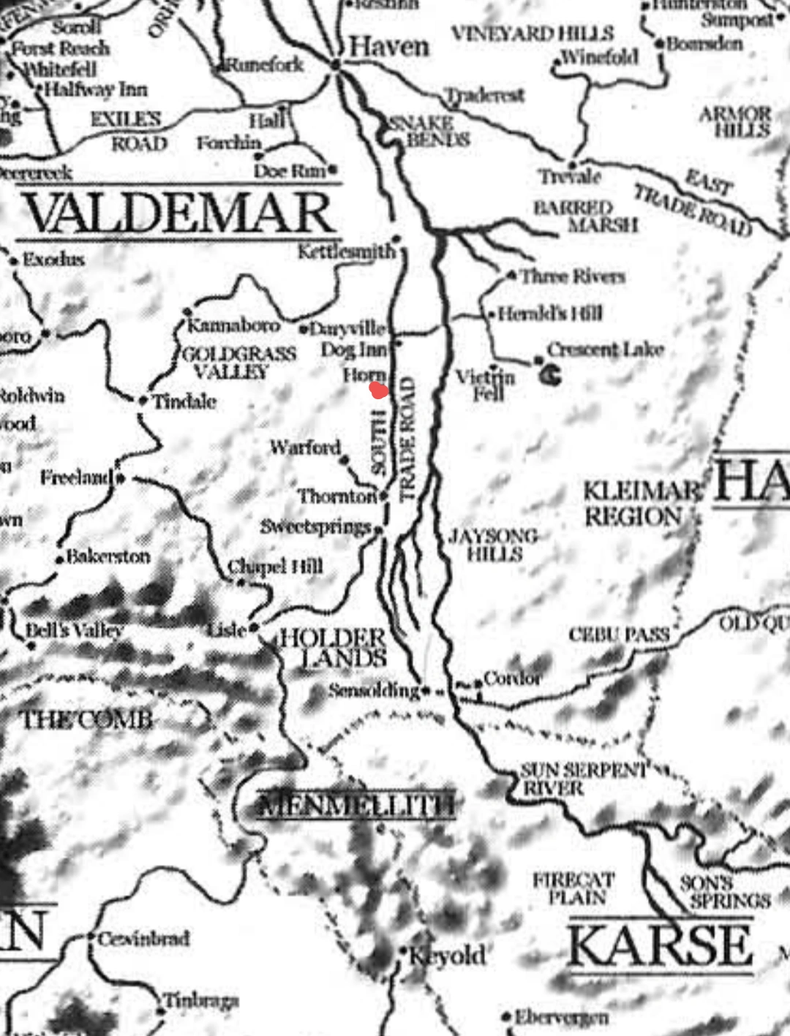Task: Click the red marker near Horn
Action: click(x=378, y=390)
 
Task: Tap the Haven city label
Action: click(x=388, y=47)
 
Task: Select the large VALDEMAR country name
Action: click(x=179, y=213)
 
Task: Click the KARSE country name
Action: click(x=660, y=945)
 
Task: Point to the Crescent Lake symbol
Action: click(x=551, y=376)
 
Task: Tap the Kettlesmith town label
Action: click(x=345, y=252)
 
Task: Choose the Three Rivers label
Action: click(x=572, y=276)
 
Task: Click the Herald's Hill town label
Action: click(x=550, y=314)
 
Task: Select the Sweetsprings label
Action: click(x=315, y=526)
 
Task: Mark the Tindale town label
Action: click(x=184, y=401)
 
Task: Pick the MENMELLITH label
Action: click(x=357, y=805)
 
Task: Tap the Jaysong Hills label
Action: click(x=494, y=545)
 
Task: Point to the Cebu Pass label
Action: click(x=619, y=635)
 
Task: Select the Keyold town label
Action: click(x=446, y=955)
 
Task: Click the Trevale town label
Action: click(x=570, y=177)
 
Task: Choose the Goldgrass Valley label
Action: click(x=238, y=363)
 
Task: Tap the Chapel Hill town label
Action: click(x=275, y=567)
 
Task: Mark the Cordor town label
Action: click(x=512, y=678)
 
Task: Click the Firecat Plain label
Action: click(x=573, y=888)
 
